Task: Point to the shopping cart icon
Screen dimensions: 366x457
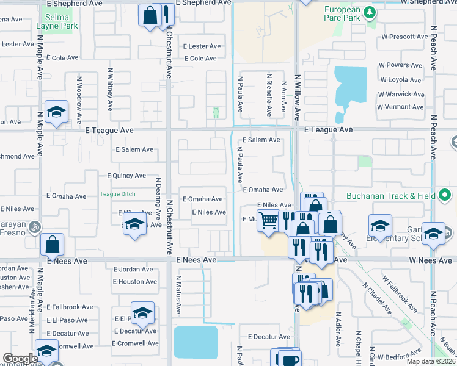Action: pyautogui.click(x=268, y=220)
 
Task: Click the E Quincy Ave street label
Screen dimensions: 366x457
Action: pyautogui.click(x=126, y=176)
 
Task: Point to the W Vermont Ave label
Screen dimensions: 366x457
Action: pyautogui.click(x=400, y=107)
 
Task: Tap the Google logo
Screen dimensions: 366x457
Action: pyautogui.click(x=20, y=359)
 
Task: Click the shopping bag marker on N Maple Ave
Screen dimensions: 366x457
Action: pyautogui.click(x=53, y=245)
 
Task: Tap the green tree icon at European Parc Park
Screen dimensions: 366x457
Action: pyautogui.click(x=369, y=12)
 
